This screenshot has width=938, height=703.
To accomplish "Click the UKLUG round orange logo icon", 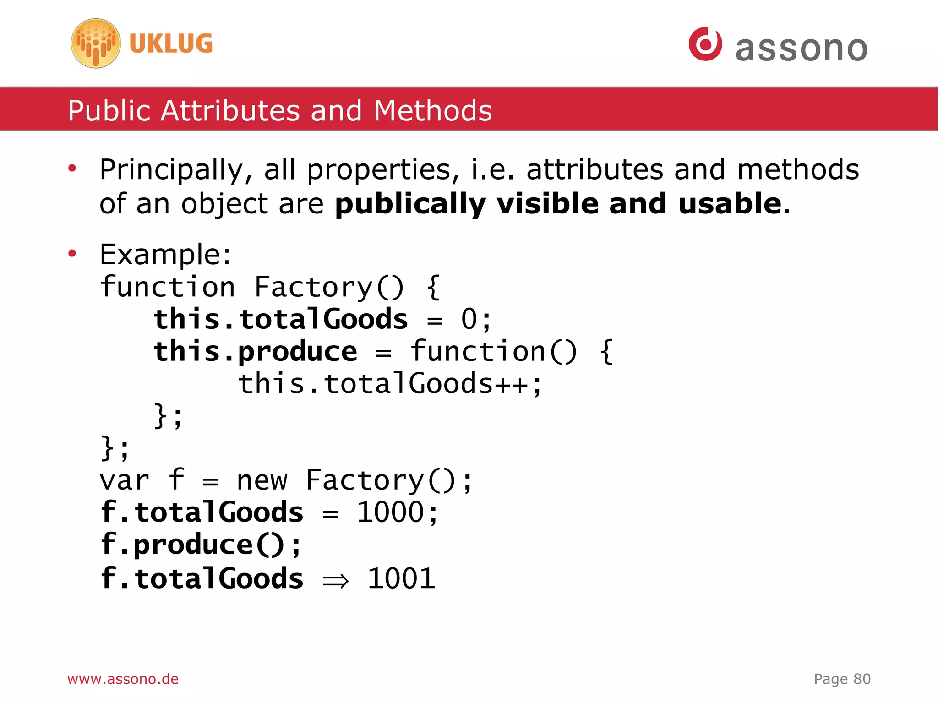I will pyautogui.click(x=96, y=44).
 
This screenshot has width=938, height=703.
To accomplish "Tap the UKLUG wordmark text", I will pyautogui.click(x=171, y=44).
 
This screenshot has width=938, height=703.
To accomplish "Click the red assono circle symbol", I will pyautogui.click(x=705, y=44).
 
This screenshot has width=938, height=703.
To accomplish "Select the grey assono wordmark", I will pyautogui.click(x=801, y=48).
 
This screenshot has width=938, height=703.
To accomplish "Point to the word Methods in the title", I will pyautogui.click(x=432, y=111).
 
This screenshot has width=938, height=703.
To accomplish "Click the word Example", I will pyautogui.click(x=164, y=255).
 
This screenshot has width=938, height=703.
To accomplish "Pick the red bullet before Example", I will pyautogui.click(x=72, y=253).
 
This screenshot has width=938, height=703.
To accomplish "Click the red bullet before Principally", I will pyautogui.click(x=72, y=169).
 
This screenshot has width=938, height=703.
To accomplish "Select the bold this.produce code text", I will pyautogui.click(x=255, y=352).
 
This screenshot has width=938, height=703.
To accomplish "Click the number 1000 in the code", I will pyautogui.click(x=390, y=512).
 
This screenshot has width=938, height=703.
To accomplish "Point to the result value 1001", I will pyautogui.click(x=401, y=578).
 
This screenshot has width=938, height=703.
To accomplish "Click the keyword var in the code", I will pyautogui.click(x=124, y=481).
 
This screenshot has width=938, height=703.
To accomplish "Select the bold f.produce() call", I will pyautogui.click(x=201, y=545).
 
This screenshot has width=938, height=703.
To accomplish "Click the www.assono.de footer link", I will pyautogui.click(x=123, y=679).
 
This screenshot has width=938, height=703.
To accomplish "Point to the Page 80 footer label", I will pyautogui.click(x=842, y=679).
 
